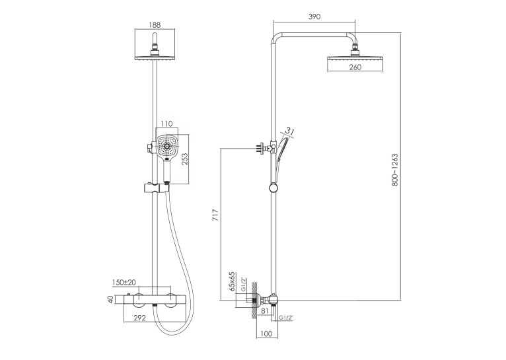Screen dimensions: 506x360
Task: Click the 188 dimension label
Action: click(155, 24)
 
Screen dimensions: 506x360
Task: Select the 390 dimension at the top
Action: click(314, 17)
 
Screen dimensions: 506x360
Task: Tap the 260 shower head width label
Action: click(355, 67)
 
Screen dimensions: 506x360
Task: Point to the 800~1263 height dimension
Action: click(395, 170)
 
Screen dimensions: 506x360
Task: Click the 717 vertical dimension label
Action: click(215, 215)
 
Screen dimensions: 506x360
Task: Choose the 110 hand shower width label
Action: click(166, 124)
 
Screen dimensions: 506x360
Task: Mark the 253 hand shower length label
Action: click(184, 159)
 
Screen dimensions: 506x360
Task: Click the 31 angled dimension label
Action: click(290, 131)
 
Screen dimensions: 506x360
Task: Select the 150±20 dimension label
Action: click(124, 282)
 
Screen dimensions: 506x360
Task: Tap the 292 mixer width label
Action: click(140, 318)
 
